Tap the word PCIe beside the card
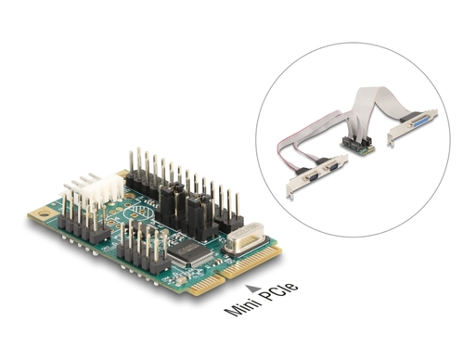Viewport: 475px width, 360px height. [278, 290]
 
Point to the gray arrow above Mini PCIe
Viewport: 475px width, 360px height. [252, 289]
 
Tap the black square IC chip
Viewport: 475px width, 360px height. [189, 253]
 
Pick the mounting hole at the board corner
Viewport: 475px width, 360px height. [44, 213]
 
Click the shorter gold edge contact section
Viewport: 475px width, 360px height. [206, 285]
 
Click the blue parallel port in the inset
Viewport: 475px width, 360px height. [417, 125]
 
